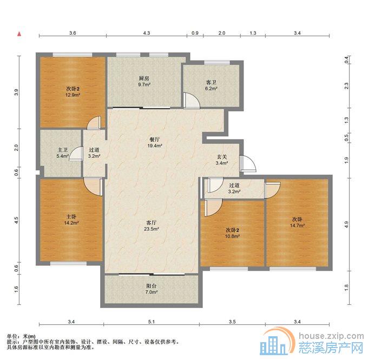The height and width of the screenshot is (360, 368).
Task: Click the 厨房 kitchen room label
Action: tap(143, 82)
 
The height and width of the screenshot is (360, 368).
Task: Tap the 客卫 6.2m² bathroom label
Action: tap(211, 85)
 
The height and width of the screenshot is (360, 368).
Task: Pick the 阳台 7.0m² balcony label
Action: tap(151, 289)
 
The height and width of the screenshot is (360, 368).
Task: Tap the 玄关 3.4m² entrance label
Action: tap(220, 159)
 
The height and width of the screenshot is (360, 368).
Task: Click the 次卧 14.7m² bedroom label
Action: tap(297, 222)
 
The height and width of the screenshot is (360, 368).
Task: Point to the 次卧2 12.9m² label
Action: tap(73, 92)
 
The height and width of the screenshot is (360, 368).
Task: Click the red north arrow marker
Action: tap(19, 34)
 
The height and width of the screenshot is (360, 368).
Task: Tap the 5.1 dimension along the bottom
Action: tap(152, 323)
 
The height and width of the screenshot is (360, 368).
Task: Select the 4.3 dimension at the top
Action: tap(146, 34)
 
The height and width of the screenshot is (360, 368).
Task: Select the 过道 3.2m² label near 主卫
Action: tap(94, 153)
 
